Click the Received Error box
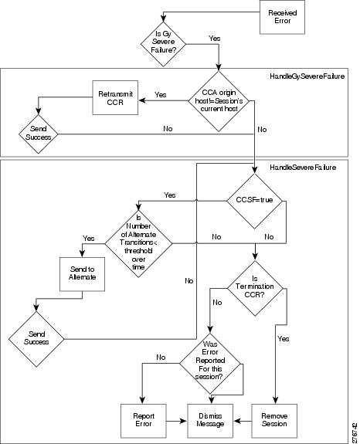click(282, 17)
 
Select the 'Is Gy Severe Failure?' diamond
click(163, 44)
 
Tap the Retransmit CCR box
click(115, 98)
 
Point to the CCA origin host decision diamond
click(219, 101)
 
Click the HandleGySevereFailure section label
click(307, 76)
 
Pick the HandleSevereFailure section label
click(303, 168)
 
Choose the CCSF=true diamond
click(255, 201)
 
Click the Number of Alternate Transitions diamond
click(138, 243)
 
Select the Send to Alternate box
click(82, 274)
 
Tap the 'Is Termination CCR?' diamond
click(255, 288)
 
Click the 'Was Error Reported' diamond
click(210, 363)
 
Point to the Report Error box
click(144, 421)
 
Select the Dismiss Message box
click(210, 421)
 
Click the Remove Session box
click(274, 421)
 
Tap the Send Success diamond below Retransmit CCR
click(38, 134)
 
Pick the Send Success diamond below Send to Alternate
click(36, 339)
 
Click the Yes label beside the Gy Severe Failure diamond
click(215, 39)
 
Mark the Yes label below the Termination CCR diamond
click(284, 339)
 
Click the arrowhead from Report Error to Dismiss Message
click(184, 421)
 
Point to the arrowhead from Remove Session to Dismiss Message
click(237, 421)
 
